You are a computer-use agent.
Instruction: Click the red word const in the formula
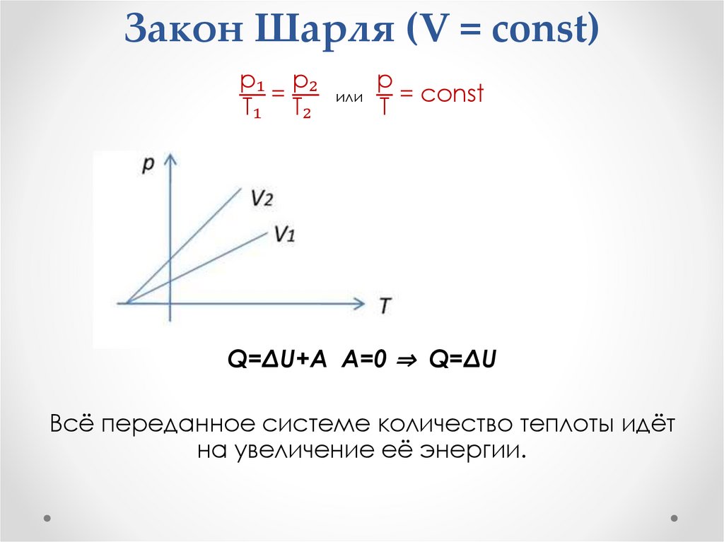tap(452, 93)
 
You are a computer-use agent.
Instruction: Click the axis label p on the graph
tap(148, 164)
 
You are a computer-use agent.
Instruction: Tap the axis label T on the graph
tap(385, 305)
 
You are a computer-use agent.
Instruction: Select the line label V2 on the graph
tap(261, 197)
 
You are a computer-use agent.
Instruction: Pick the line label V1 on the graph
tap(284, 234)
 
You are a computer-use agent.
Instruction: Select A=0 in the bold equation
tap(366, 360)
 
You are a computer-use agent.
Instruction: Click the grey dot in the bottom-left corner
tap(47, 517)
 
